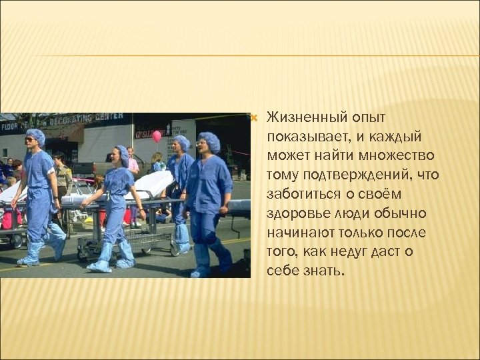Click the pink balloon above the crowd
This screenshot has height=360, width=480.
click(157, 136)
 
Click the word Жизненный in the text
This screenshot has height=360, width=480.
click(300, 118)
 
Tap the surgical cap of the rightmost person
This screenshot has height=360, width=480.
click(209, 140)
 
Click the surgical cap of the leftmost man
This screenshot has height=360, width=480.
click(35, 135)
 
